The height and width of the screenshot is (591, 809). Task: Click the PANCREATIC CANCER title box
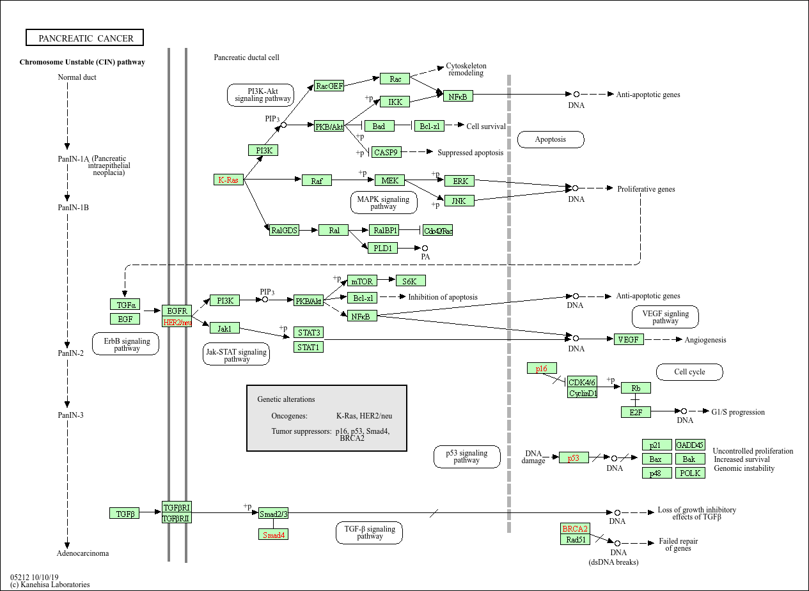85,38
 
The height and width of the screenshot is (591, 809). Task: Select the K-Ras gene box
228,180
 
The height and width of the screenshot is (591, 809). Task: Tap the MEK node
389,181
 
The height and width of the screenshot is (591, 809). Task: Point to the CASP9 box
386,153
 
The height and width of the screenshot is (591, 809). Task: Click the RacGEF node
329,86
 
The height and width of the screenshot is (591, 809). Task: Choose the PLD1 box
382,248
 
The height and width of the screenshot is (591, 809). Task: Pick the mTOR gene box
362,280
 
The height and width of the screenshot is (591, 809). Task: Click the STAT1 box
308,348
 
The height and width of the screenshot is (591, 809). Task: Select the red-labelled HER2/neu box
177,323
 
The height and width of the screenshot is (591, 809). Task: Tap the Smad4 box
273,534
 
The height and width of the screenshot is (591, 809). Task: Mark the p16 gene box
542,369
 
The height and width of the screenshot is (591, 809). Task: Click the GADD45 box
690,445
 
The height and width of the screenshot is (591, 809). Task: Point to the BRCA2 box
574,528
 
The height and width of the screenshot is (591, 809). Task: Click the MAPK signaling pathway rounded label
384,203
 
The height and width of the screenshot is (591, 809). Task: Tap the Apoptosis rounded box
550,139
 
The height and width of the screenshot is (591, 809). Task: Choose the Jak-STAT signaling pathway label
236,355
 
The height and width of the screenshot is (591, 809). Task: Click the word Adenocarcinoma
83,553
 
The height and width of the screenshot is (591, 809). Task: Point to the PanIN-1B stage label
73,208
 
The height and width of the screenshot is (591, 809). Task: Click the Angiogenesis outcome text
705,340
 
